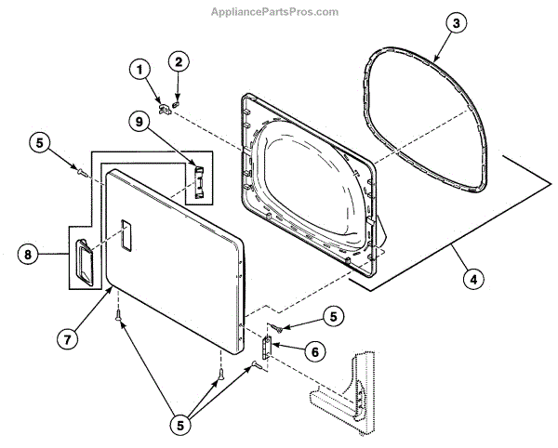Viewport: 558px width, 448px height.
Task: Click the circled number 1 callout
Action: pyautogui.click(x=139, y=68)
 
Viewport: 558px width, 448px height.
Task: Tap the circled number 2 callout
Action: pyautogui.click(x=178, y=61)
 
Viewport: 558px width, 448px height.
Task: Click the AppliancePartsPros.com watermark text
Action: pyautogui.click(x=278, y=12)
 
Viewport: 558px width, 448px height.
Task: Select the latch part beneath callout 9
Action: pyautogui.click(x=197, y=180)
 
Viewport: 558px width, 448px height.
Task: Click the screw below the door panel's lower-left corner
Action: pyautogui.click(x=117, y=317)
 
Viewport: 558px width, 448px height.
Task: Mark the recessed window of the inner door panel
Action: pyautogui.click(x=307, y=181)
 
